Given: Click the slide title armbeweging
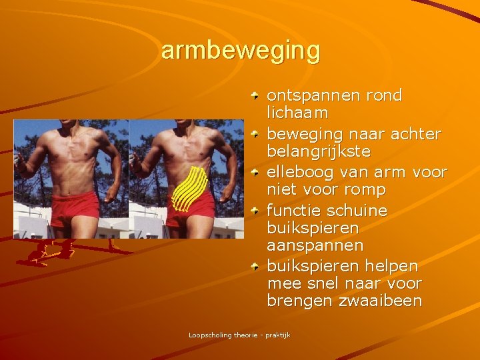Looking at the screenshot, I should point(240,51).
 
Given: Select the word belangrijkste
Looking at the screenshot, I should point(319,152).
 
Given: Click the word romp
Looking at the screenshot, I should point(365,191).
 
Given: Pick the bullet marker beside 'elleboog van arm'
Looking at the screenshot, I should point(256,173).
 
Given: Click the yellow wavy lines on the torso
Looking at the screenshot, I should point(189,188).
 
